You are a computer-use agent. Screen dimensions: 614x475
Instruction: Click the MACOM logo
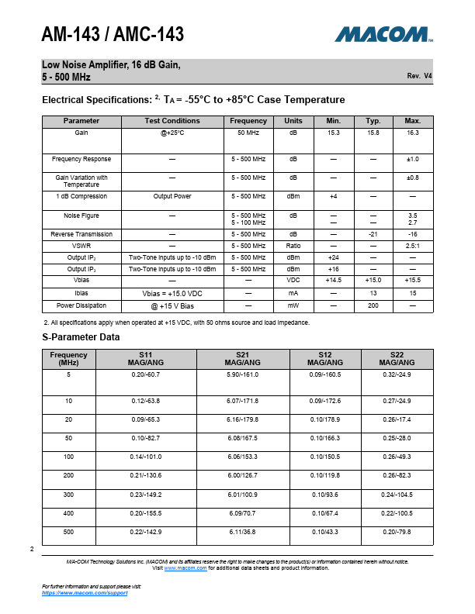(383, 34)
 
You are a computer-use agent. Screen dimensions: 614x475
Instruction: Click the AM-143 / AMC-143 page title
(113, 35)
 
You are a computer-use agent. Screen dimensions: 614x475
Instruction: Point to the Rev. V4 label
(419, 76)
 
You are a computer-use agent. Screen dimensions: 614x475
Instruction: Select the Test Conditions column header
(172, 121)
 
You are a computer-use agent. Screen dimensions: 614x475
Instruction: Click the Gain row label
(81, 133)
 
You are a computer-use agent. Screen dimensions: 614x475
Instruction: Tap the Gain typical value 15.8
(373, 133)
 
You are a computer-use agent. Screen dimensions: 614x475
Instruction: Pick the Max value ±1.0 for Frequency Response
(413, 159)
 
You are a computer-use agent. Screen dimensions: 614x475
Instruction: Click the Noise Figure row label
(81, 216)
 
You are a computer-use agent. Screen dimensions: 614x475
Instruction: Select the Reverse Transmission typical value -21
(373, 234)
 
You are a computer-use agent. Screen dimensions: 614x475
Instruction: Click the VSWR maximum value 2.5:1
(413, 246)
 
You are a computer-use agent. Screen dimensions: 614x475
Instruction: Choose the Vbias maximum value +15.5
(413, 280)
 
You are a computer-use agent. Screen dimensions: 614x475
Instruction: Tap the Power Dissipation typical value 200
(373, 306)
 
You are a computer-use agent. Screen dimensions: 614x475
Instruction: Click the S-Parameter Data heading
(81, 337)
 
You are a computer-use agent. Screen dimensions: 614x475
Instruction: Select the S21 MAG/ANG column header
(242, 359)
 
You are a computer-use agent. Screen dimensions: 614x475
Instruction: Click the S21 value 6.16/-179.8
(242, 419)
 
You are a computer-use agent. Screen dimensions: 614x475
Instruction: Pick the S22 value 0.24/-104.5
(397, 495)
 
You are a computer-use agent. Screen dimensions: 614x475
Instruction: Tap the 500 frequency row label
(68, 532)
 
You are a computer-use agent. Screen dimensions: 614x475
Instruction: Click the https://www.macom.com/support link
(85, 592)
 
